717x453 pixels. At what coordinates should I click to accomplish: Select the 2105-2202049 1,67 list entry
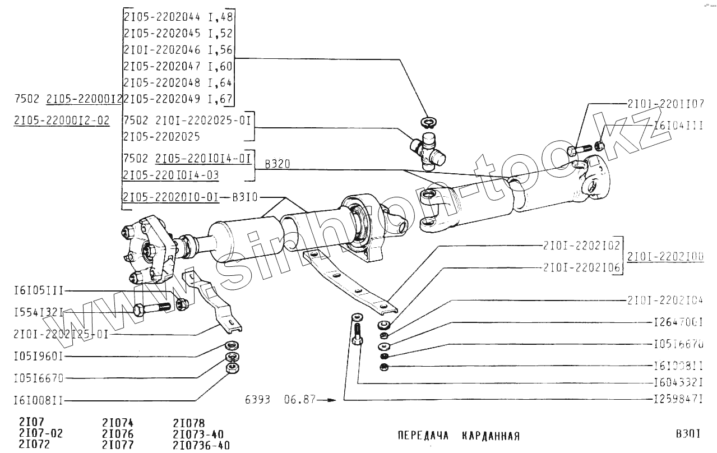[178, 100]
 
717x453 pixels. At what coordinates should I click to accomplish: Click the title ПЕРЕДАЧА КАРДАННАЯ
[459, 436]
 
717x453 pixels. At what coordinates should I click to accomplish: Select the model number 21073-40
[198, 434]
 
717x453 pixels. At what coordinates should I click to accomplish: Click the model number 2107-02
[41, 434]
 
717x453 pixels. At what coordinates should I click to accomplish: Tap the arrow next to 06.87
[327, 400]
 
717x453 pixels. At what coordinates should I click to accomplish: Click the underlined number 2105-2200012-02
[61, 121]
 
